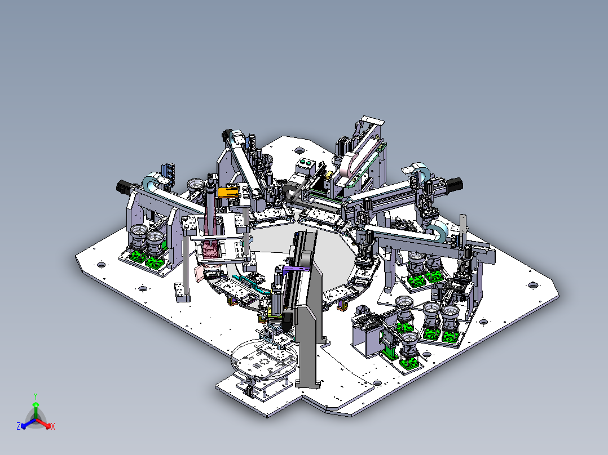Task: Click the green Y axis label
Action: pyautogui.click(x=36, y=396)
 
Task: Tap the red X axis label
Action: pyautogui.click(x=53, y=426)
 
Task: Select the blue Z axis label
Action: pyautogui.click(x=19, y=426)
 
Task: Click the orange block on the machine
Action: pyautogui.click(x=228, y=192)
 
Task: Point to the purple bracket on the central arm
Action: pyautogui.click(x=297, y=270)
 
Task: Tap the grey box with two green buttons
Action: pyautogui.click(x=305, y=167)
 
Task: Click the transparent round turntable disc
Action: pyautogui.click(x=265, y=359)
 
